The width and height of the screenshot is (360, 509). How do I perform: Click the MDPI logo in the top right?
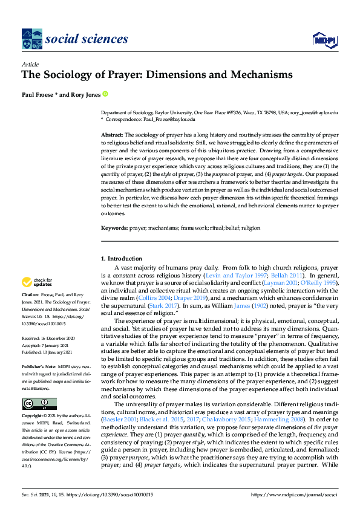324,40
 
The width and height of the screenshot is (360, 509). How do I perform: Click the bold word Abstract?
112,134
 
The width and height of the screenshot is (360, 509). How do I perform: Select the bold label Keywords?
114,229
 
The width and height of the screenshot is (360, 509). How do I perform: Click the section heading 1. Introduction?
121,259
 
